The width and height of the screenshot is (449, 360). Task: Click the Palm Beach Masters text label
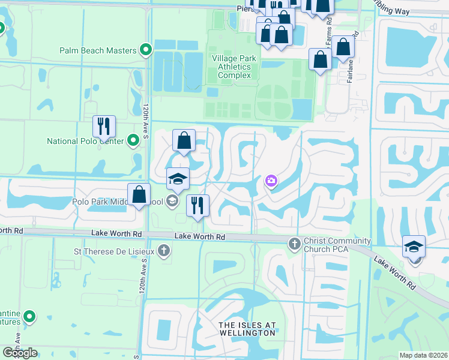(x=98, y=50)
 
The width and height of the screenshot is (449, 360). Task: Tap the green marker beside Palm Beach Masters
(x=145, y=50)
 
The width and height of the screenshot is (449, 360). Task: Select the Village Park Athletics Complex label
(x=234, y=67)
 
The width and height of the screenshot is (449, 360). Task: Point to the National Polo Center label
(x=86, y=142)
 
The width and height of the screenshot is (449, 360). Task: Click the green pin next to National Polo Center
(x=133, y=142)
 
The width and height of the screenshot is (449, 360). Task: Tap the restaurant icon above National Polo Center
(x=104, y=127)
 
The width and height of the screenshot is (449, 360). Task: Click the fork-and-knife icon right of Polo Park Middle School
(x=197, y=206)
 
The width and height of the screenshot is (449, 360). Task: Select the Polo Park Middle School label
(x=118, y=202)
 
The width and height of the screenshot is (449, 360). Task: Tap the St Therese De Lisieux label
(x=113, y=251)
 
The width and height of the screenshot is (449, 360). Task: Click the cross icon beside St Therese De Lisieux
(x=164, y=251)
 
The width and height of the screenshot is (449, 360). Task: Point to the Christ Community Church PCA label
(x=337, y=245)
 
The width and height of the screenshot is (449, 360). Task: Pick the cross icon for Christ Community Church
(x=294, y=244)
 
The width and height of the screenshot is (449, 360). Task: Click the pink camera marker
(x=271, y=181)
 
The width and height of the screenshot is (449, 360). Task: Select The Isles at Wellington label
(x=247, y=329)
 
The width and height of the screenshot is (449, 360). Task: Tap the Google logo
(x=20, y=353)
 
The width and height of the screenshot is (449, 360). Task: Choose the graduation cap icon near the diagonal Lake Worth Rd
(x=414, y=247)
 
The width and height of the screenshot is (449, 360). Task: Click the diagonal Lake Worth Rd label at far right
(x=394, y=272)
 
